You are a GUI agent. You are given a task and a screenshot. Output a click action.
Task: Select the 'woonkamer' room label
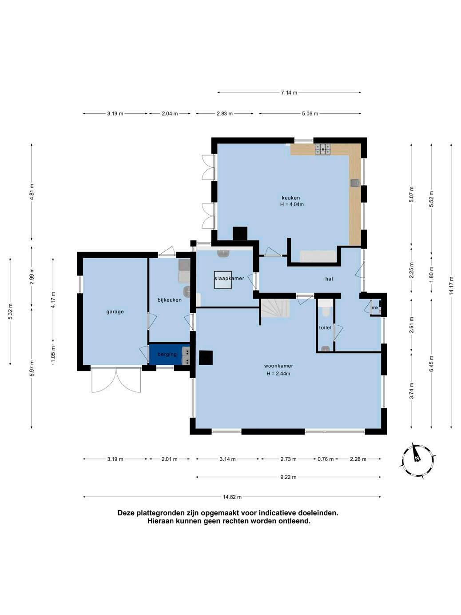click(278, 366)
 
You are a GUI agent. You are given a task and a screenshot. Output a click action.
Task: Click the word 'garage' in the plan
click(115, 312)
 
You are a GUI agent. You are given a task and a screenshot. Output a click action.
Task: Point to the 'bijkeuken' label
click(169, 300)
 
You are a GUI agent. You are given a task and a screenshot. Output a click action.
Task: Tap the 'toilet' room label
click(325, 327)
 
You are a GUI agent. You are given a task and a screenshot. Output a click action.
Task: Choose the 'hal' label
click(329, 279)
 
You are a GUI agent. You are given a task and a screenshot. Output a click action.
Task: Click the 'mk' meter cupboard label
click(375, 308)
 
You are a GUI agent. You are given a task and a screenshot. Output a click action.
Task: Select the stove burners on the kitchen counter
click(323, 149)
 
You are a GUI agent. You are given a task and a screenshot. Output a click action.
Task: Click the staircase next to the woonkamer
click(276, 307)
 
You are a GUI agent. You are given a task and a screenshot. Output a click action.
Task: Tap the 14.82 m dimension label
click(232, 497)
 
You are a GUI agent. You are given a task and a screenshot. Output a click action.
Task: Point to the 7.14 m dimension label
click(289, 93)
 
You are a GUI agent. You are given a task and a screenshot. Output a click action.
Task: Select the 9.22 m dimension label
click(288, 477)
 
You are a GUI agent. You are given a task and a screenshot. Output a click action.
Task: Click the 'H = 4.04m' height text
click(292, 204)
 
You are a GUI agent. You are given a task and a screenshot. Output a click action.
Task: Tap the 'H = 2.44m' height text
click(278, 373)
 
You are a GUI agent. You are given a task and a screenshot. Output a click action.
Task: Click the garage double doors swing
click(116, 380)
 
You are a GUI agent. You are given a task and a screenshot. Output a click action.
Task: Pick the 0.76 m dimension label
click(325, 459)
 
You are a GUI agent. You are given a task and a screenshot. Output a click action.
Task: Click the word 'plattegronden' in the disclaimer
click(162, 513)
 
